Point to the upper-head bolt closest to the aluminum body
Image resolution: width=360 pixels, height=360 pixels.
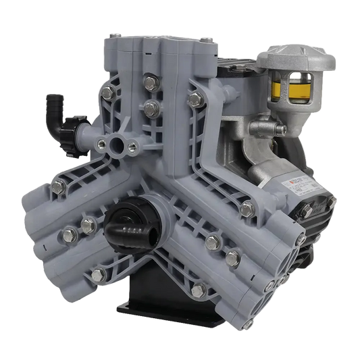click(x=196, y=100)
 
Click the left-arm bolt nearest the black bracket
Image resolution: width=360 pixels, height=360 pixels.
click(x=99, y=274)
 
